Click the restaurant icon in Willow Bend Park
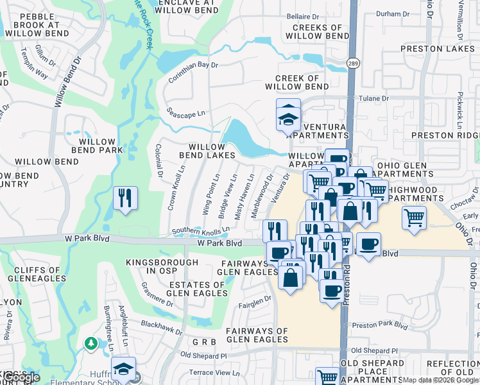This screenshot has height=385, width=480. coord(125,198)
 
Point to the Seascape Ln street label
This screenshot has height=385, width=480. coord(185,112)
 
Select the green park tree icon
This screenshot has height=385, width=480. coord(92,343)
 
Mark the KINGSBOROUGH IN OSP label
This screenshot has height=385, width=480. coord(162,267)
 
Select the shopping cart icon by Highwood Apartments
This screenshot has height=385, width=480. coord(415,218)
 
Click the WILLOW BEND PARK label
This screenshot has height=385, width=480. coord(97,146)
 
